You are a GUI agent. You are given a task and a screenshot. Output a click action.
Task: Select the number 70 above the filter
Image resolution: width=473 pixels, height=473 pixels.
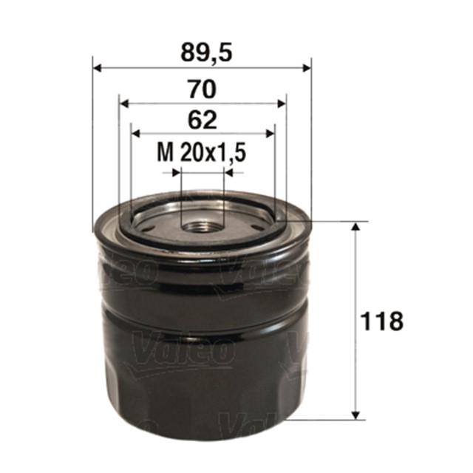click(202, 90)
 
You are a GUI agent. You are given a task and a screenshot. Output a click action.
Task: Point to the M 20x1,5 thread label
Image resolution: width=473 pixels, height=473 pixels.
click(202, 153)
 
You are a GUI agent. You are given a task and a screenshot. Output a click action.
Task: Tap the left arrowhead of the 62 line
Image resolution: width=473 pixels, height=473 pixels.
click(135, 133)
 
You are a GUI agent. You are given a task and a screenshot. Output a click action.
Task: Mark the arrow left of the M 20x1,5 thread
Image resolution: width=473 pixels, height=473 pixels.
click(176, 173)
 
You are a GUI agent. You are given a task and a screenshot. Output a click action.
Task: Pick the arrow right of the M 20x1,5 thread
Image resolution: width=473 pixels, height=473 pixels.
click(228, 173)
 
